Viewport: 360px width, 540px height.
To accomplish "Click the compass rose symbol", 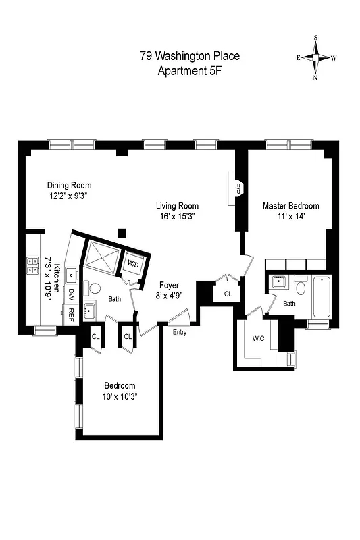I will tap(315, 58).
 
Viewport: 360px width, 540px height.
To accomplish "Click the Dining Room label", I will tap(69, 185).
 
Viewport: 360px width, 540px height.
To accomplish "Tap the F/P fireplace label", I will tap(238, 186).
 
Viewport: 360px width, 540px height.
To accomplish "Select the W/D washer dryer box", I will tap(133, 263).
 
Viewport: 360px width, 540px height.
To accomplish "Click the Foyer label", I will tap(170, 285).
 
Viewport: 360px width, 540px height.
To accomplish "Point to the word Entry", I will tap(180, 332).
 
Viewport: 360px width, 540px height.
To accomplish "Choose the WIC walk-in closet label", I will tap(258, 339).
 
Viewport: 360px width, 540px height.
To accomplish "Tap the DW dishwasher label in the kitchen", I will tap(71, 294).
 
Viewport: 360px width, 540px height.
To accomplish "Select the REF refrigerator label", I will tap(71, 313).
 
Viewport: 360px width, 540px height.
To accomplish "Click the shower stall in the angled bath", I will tap(101, 257).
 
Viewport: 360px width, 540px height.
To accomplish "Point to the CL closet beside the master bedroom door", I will tap(228, 294).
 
